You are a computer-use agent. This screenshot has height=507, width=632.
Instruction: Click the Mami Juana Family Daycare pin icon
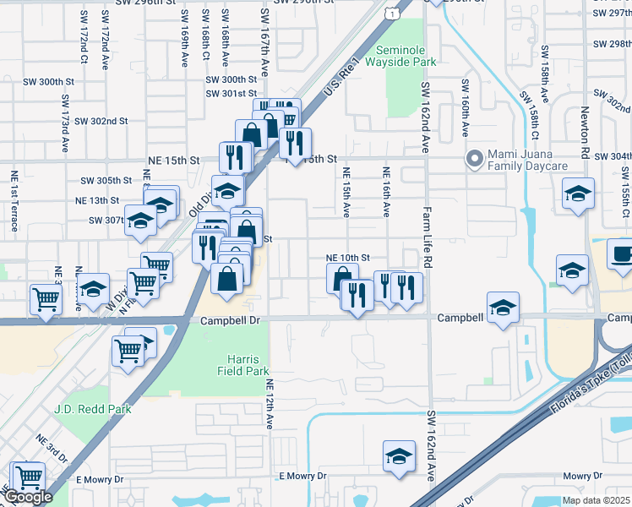(475, 158)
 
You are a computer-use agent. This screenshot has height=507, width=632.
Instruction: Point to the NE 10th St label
(349, 258)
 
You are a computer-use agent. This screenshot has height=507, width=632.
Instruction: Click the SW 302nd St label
(101, 121)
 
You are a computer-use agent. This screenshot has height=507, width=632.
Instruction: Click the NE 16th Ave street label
(387, 194)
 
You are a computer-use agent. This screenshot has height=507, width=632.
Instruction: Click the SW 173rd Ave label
(65, 123)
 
